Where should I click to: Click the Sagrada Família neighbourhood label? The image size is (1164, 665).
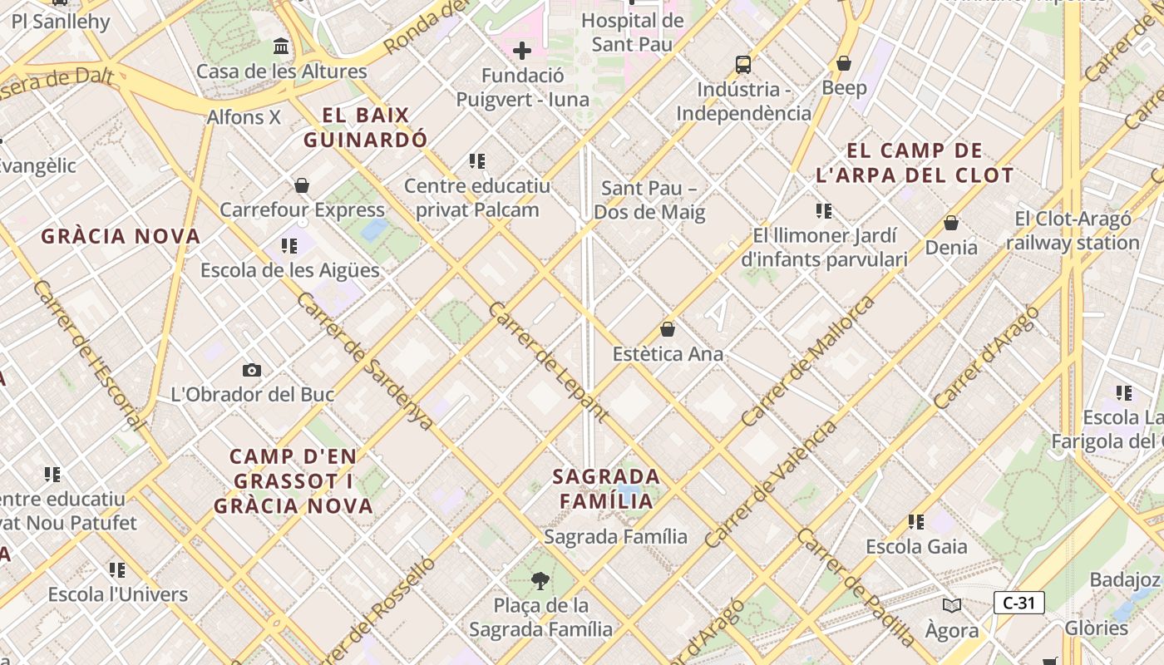coord(607,489)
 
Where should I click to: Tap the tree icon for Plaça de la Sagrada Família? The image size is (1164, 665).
coord(540,579)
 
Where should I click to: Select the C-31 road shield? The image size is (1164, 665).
coord(1018,603)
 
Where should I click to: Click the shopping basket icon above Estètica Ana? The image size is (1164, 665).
coord(667,329)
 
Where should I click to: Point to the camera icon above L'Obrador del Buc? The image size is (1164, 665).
coord(251,370)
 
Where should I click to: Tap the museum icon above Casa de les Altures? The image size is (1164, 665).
coord(281,46)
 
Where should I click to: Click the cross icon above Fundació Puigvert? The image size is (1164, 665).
coord(522,52)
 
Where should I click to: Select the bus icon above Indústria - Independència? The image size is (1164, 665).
coord(742,64)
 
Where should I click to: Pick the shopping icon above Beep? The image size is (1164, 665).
coord(844,63)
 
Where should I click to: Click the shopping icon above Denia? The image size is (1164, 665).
coord(951,223)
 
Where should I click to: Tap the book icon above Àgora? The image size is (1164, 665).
coord(952,606)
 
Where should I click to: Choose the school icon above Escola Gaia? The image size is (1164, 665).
coord(916,522)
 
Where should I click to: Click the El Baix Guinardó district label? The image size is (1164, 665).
coord(365,127)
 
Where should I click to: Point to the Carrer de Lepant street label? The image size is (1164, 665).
coord(548,362)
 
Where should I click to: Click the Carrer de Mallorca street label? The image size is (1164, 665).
coord(807,361)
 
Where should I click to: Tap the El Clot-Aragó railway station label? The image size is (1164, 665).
coord(1073,231)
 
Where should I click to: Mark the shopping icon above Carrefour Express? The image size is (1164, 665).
coord(302,185)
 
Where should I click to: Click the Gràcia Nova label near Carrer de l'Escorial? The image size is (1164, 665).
coord(121,236)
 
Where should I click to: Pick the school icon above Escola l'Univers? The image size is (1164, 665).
coord(117,570)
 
